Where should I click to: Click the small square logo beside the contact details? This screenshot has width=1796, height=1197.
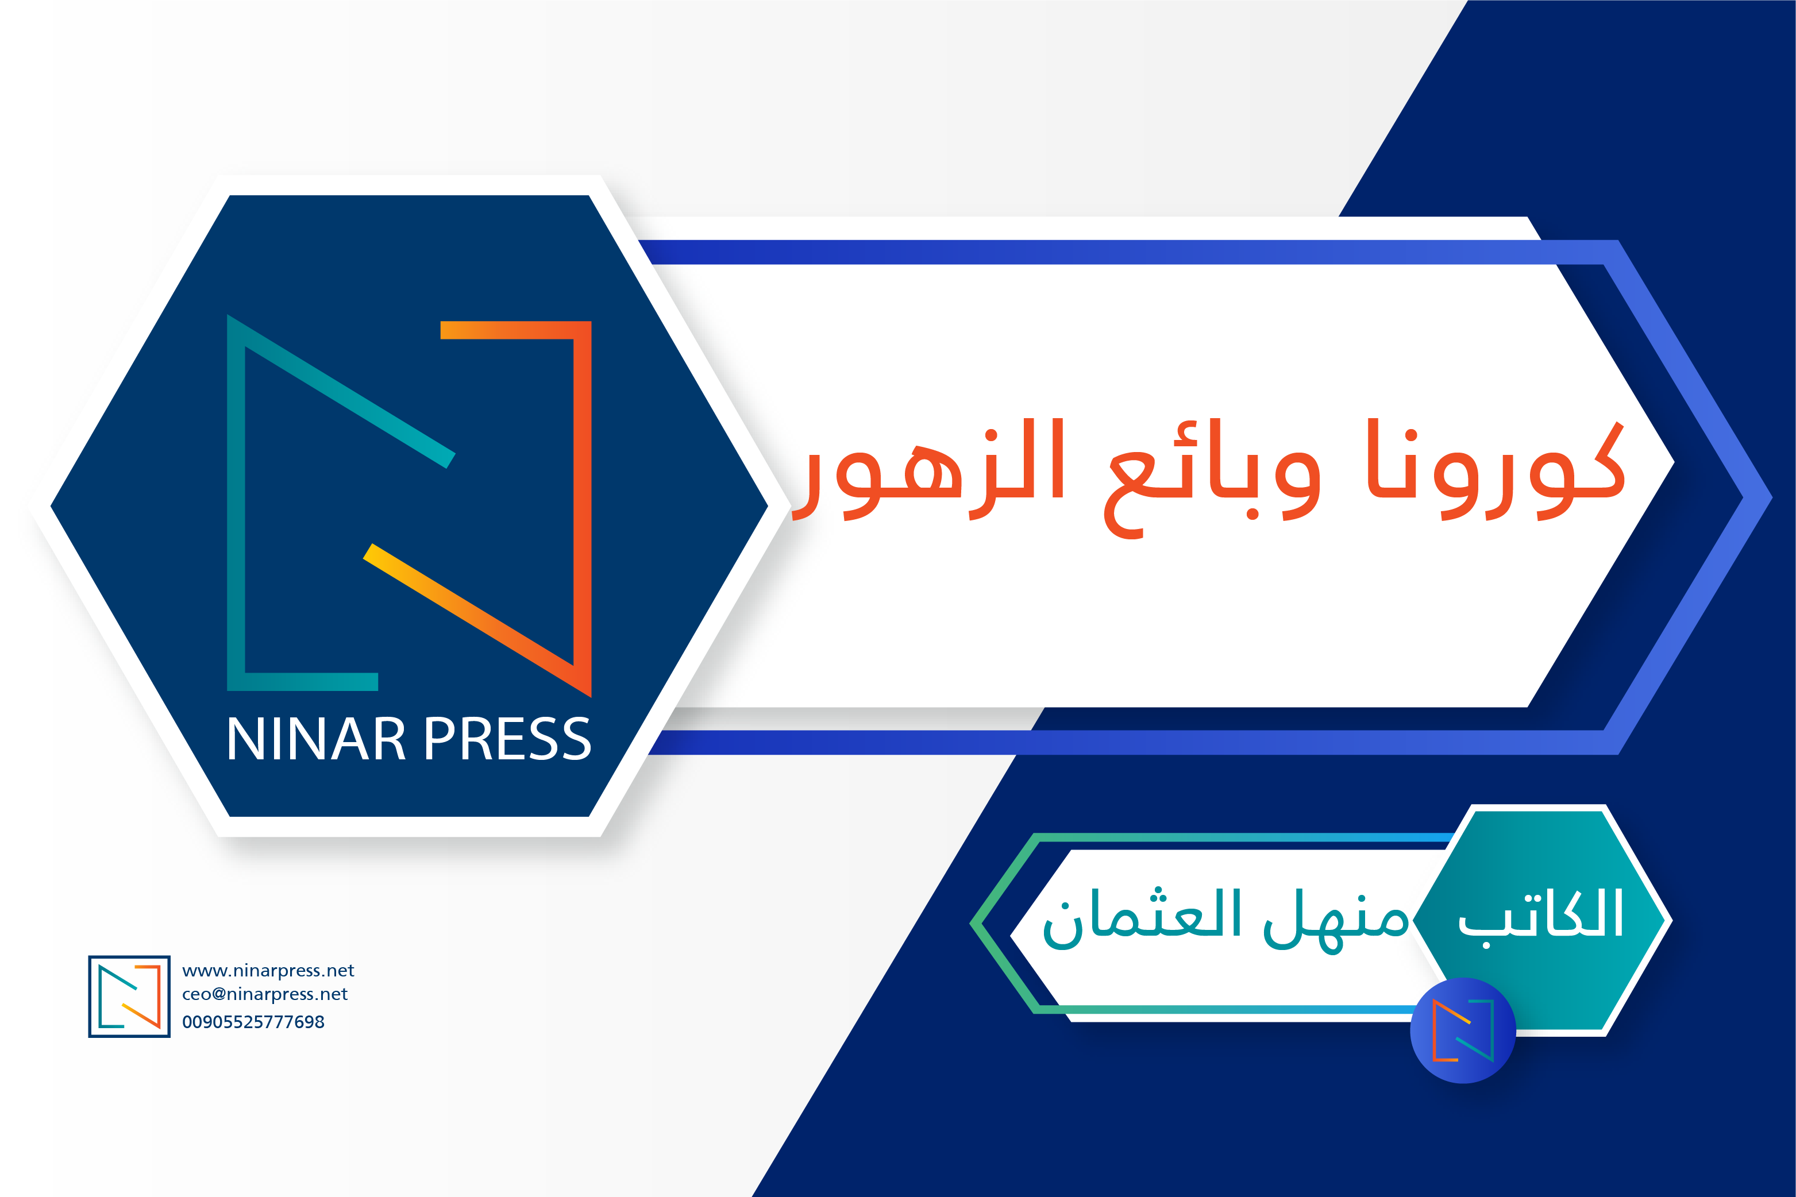129,996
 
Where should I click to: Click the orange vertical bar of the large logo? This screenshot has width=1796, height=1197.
582,508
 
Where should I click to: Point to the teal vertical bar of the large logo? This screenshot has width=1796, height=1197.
236,503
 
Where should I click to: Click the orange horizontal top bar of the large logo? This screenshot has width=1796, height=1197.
516,330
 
